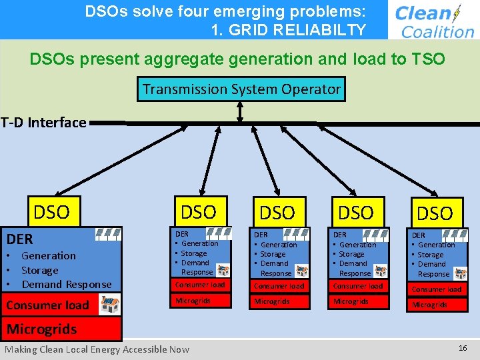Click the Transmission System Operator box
241,89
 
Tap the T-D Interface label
44,123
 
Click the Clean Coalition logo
434,21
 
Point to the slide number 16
463,349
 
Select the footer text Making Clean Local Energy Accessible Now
97,349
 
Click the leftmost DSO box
52,213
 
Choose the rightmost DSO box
435,213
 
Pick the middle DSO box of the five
277,213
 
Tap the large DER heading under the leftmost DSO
20,239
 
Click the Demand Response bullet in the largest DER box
67,285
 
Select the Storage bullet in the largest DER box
40,271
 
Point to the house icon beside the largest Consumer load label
109,305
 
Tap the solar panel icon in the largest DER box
109,234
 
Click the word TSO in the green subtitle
427,59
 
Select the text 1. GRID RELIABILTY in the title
288,30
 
